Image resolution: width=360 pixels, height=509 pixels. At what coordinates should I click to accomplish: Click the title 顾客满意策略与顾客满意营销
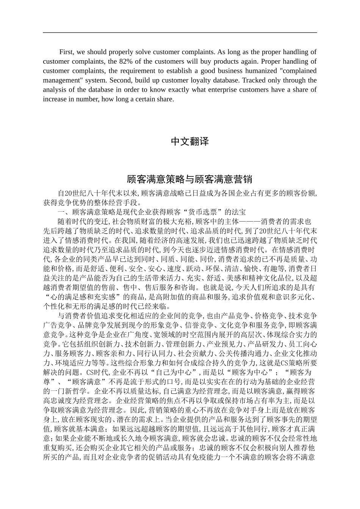[x=189, y=179]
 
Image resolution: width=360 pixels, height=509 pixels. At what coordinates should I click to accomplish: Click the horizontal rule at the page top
[x=180, y=32]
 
